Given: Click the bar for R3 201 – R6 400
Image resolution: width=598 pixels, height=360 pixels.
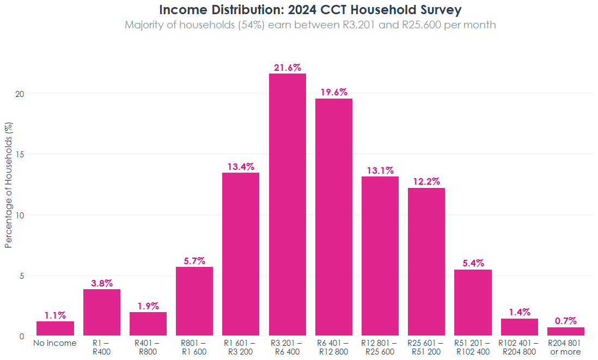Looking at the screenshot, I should [x=287, y=204].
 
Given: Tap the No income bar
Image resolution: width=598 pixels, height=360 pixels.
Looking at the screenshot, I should [x=55, y=328].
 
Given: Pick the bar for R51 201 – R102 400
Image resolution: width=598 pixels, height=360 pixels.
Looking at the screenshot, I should [x=473, y=302].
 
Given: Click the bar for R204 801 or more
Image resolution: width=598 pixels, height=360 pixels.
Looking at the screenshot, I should [x=565, y=331].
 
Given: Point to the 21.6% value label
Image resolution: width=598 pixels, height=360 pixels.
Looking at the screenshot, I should [x=287, y=68].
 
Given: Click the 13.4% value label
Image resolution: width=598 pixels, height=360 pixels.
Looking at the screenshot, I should [x=241, y=167].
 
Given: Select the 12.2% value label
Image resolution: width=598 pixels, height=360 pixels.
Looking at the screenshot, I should [x=426, y=181].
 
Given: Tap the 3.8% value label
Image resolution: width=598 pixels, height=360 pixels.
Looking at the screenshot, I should [x=102, y=283].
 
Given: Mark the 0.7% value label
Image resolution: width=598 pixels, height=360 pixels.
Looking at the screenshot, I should [x=565, y=321].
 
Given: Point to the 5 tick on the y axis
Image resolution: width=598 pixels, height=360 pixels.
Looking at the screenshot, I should [x=22, y=276].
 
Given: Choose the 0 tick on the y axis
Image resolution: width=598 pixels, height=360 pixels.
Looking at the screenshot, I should [x=22, y=336].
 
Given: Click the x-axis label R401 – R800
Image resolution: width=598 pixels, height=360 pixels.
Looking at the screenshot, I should [x=148, y=347].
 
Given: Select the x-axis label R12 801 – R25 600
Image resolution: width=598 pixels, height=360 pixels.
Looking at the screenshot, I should [x=380, y=347].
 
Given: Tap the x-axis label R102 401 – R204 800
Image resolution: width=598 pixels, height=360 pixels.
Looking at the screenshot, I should [x=519, y=347].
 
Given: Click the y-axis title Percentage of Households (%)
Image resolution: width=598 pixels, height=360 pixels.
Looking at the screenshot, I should [x=8, y=185].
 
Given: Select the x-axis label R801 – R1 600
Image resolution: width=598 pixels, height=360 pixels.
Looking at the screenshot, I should [x=194, y=347].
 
